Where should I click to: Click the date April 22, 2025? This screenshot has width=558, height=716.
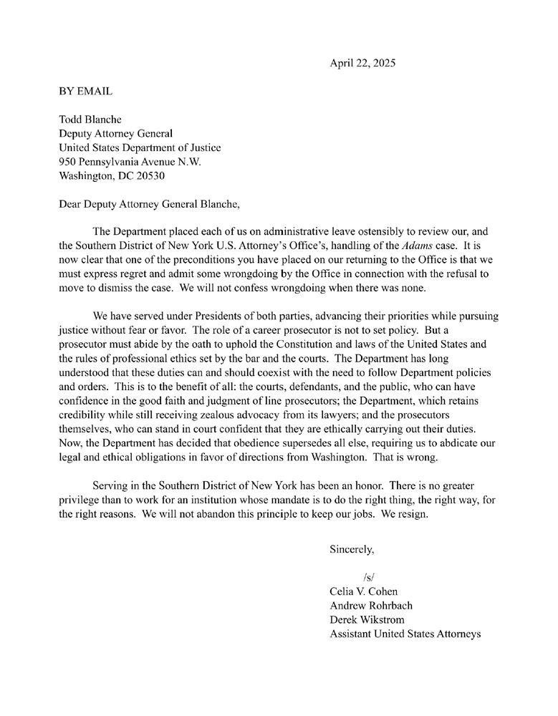click(362, 63)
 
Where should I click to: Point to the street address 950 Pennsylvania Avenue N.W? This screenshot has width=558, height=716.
click(130, 162)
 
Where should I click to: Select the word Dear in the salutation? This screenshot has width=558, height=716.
click(71, 203)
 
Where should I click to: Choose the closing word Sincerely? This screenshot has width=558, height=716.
click(351, 550)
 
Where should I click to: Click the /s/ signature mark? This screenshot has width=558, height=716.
click(370, 578)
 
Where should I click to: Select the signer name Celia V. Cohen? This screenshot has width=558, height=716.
click(363, 591)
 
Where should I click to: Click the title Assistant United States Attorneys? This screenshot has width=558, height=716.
click(405, 634)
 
